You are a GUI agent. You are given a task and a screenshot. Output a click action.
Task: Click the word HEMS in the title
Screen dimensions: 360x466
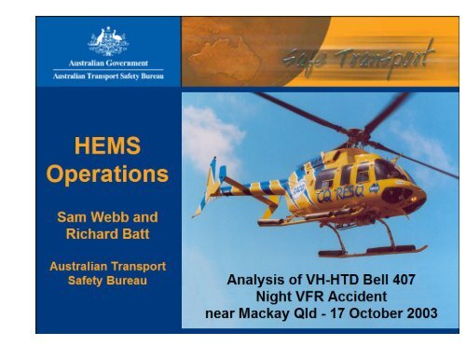[108, 147]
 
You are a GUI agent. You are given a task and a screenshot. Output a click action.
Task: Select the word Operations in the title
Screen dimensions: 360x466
[108, 174]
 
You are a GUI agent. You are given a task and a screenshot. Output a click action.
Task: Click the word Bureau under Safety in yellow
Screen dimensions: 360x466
[134, 277]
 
